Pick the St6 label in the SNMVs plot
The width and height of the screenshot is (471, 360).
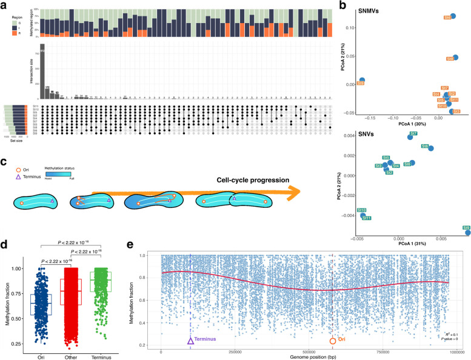click(447, 19)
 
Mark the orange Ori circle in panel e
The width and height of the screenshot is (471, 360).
click(333, 341)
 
